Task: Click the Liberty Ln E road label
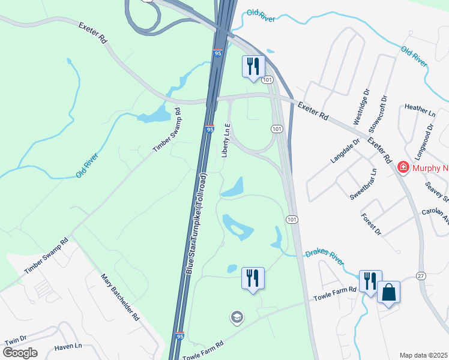pyautogui.click(x=227, y=139)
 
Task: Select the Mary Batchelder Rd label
pyautogui.click(x=120, y=297)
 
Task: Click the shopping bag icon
pyautogui.click(x=388, y=293)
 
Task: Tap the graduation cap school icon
pyautogui.click(x=238, y=317)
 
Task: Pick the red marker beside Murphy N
pyautogui.click(x=403, y=167)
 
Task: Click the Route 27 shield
pyautogui.click(x=421, y=276)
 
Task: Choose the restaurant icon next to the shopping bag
pyautogui.click(x=369, y=281)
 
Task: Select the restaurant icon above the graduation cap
pyautogui.click(x=253, y=278)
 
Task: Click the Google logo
pyautogui.click(x=20, y=353)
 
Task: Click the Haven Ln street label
pyautogui.click(x=67, y=346)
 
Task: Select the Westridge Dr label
pyautogui.click(x=361, y=108)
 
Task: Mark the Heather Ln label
pyautogui.click(x=420, y=107)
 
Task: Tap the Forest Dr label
pyautogui.click(x=370, y=223)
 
